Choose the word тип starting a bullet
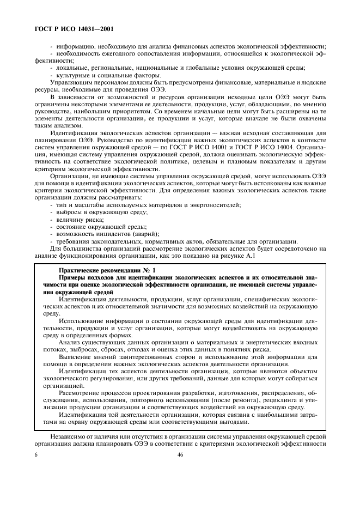pyautogui.click(x=60, y=204)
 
